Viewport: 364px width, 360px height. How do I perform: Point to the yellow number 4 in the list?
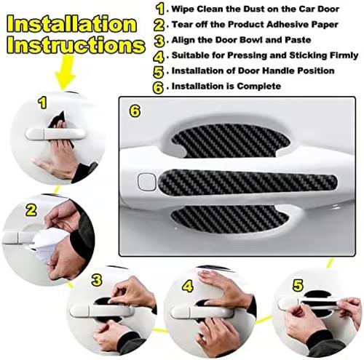tap(159, 55)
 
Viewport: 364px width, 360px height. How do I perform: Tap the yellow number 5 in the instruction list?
tap(159, 72)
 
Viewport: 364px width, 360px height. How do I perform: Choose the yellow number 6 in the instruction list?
tap(159, 87)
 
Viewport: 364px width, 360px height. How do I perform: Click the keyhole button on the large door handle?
tap(146, 180)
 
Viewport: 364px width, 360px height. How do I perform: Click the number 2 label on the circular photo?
tap(31, 210)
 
